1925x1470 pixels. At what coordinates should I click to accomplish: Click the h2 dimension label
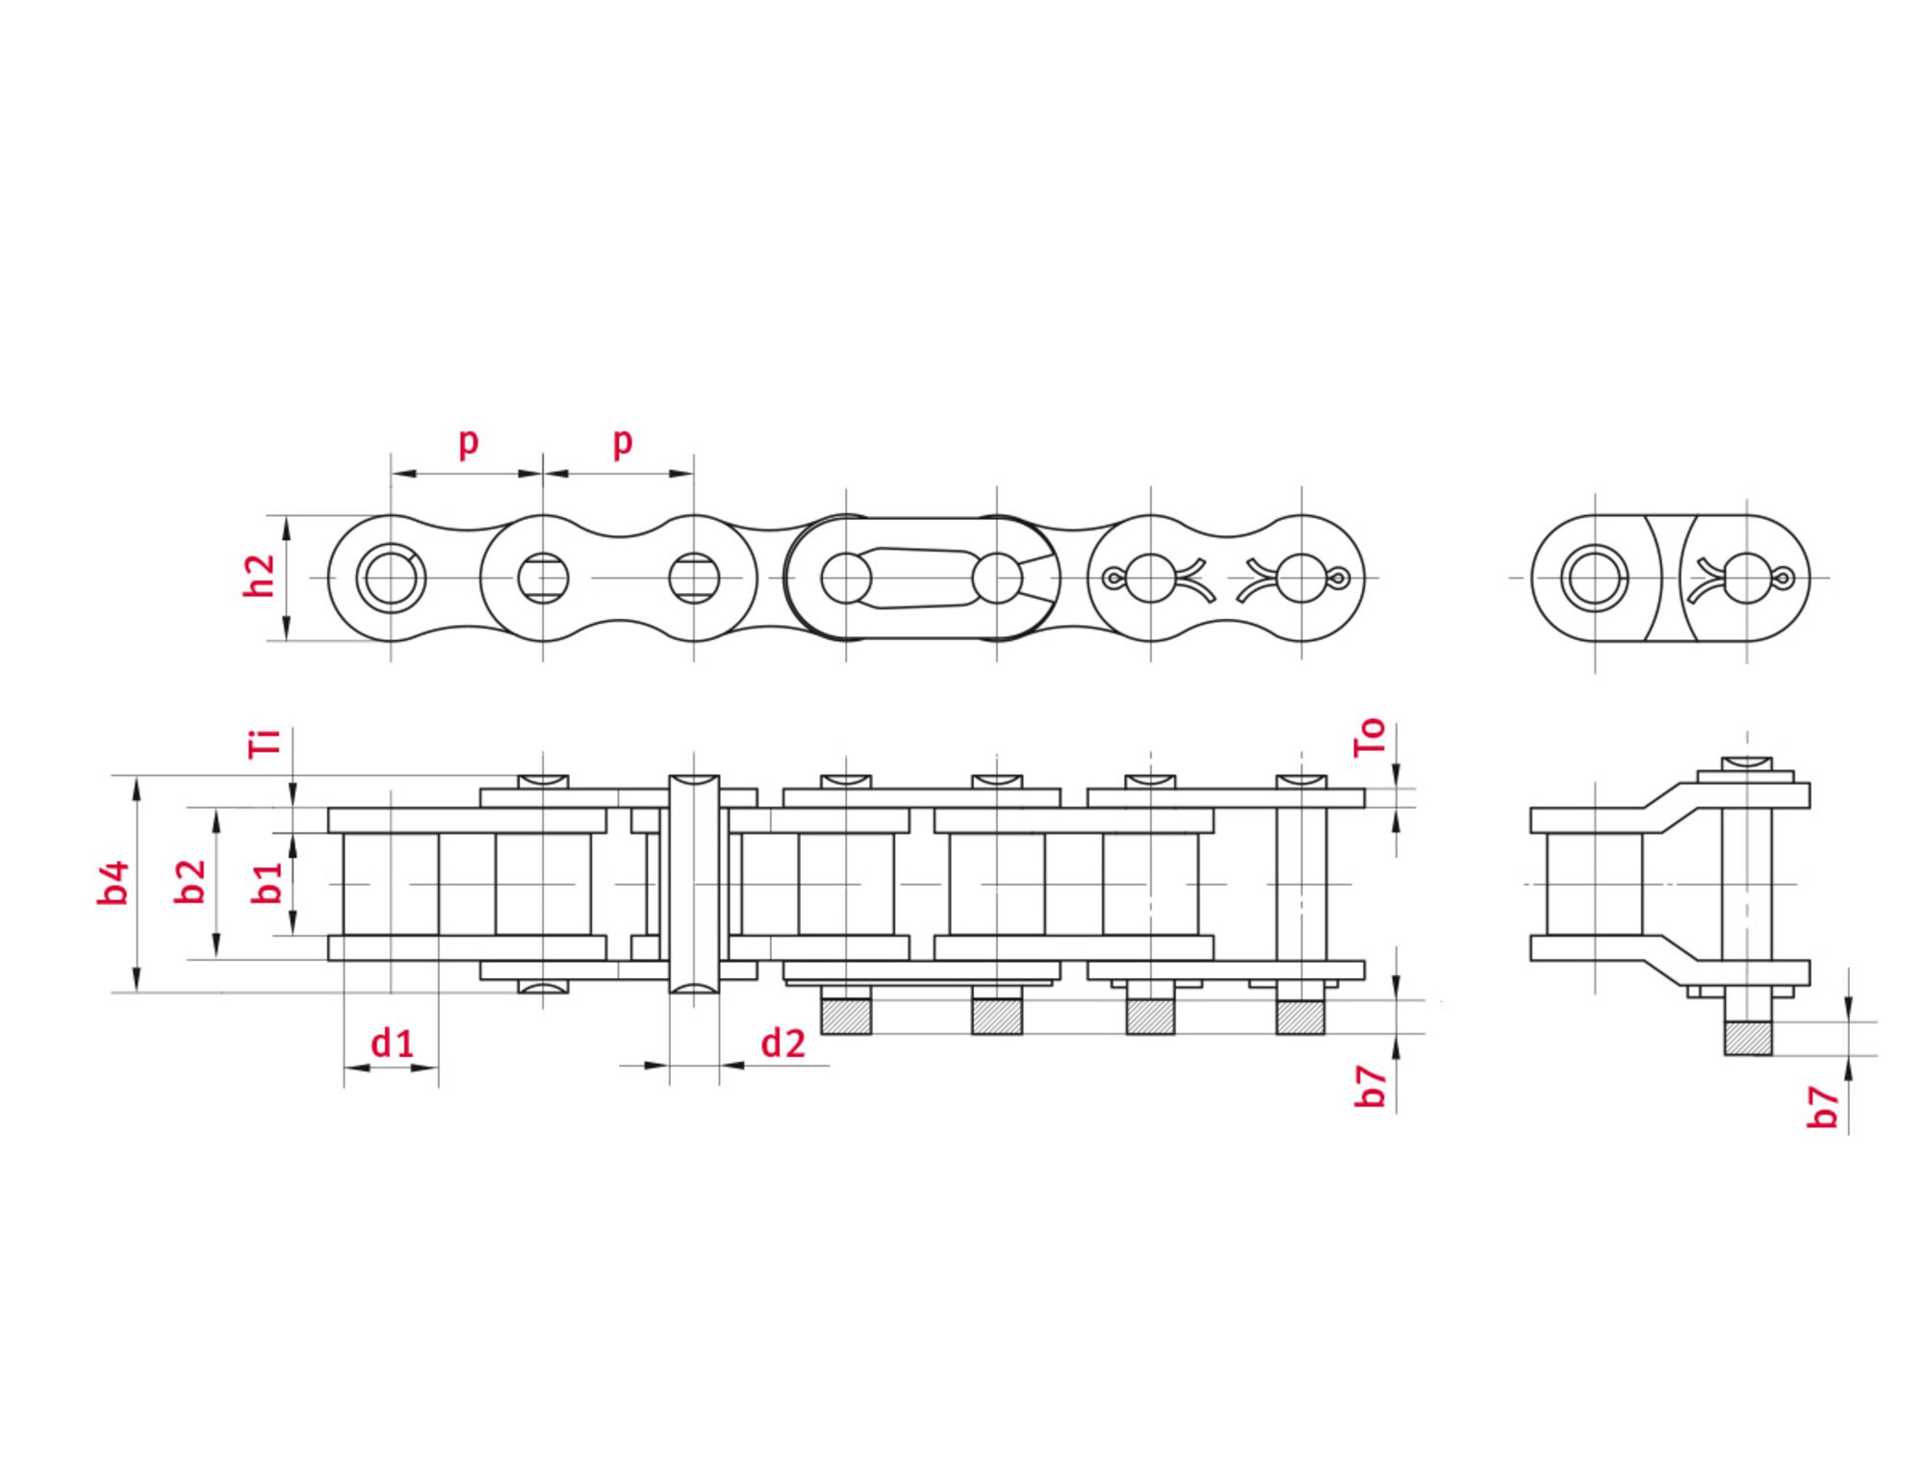[x=259, y=576]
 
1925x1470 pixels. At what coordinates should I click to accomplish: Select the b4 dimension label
[x=113, y=883]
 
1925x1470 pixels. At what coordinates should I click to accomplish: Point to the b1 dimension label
[x=267, y=882]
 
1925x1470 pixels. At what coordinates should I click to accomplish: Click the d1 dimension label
[x=392, y=1043]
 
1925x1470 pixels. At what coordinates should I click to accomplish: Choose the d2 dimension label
[x=782, y=1044]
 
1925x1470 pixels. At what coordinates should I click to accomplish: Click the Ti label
[x=265, y=743]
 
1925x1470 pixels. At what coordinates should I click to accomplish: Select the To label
[x=1369, y=737]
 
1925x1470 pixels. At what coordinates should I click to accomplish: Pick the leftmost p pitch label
[x=468, y=441]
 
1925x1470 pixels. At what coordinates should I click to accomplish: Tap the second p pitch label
[x=623, y=441]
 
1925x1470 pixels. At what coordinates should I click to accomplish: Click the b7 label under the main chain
[x=1370, y=1086]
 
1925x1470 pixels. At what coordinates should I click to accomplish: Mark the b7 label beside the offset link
[x=1822, y=1106]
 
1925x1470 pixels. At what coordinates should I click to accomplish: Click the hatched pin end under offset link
[x=1747, y=1038]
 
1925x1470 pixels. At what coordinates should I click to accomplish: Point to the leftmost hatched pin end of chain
[x=846, y=1017]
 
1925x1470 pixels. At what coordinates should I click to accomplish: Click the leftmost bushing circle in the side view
[x=391, y=579]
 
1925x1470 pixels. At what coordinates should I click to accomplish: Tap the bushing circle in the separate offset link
[x=1594, y=579]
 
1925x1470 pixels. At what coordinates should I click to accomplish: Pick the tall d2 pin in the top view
[x=694, y=884]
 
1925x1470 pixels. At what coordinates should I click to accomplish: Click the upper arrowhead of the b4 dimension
[x=137, y=785]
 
